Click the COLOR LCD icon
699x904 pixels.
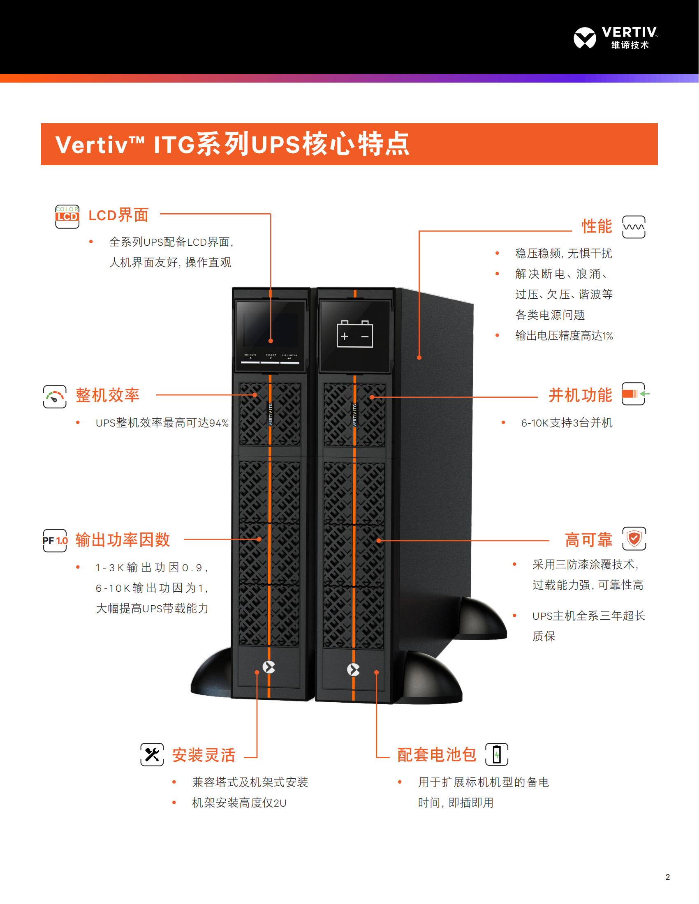pos(67,216)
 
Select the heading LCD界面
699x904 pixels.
pos(118,215)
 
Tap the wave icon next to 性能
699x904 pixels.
pos(634,227)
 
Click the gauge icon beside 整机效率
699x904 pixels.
pos(55,397)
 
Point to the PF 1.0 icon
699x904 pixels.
pos(55,540)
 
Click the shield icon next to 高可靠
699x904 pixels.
pos(634,539)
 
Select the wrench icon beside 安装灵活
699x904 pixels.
pos(152,754)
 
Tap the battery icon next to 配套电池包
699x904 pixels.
pos(497,754)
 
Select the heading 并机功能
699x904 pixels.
pos(580,395)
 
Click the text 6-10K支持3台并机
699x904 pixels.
pos(566,423)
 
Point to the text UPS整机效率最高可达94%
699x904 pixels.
pos(162,423)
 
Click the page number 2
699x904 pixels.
pos(667,877)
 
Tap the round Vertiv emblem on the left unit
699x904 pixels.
pos(269,667)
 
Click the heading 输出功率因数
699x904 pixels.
pos(123,540)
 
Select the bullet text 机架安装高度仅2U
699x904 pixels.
pos(239,803)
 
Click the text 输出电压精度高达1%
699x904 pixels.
pos(564,336)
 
